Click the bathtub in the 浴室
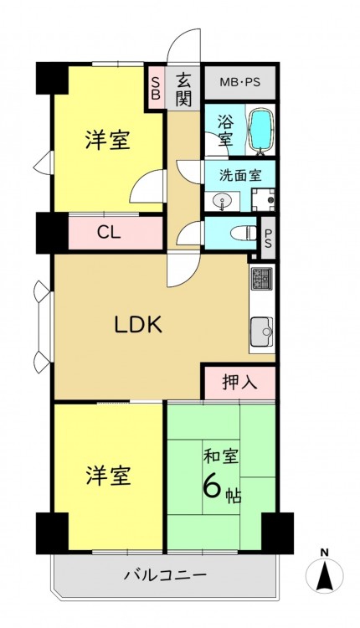pos(260,130)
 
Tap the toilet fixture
pos(247,232)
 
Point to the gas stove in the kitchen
pos(261,279)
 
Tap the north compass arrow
pos(324,576)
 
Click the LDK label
pos(138,325)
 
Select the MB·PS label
pos(240,83)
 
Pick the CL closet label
pos(110,233)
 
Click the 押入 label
pos(239,383)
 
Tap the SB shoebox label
pos(156,88)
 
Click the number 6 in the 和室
pos(213,486)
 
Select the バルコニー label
pos(165,576)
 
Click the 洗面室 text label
pos(240,176)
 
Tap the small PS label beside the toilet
pos(268,238)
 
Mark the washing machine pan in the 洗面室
pos(263,199)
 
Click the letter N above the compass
pos(324,553)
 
